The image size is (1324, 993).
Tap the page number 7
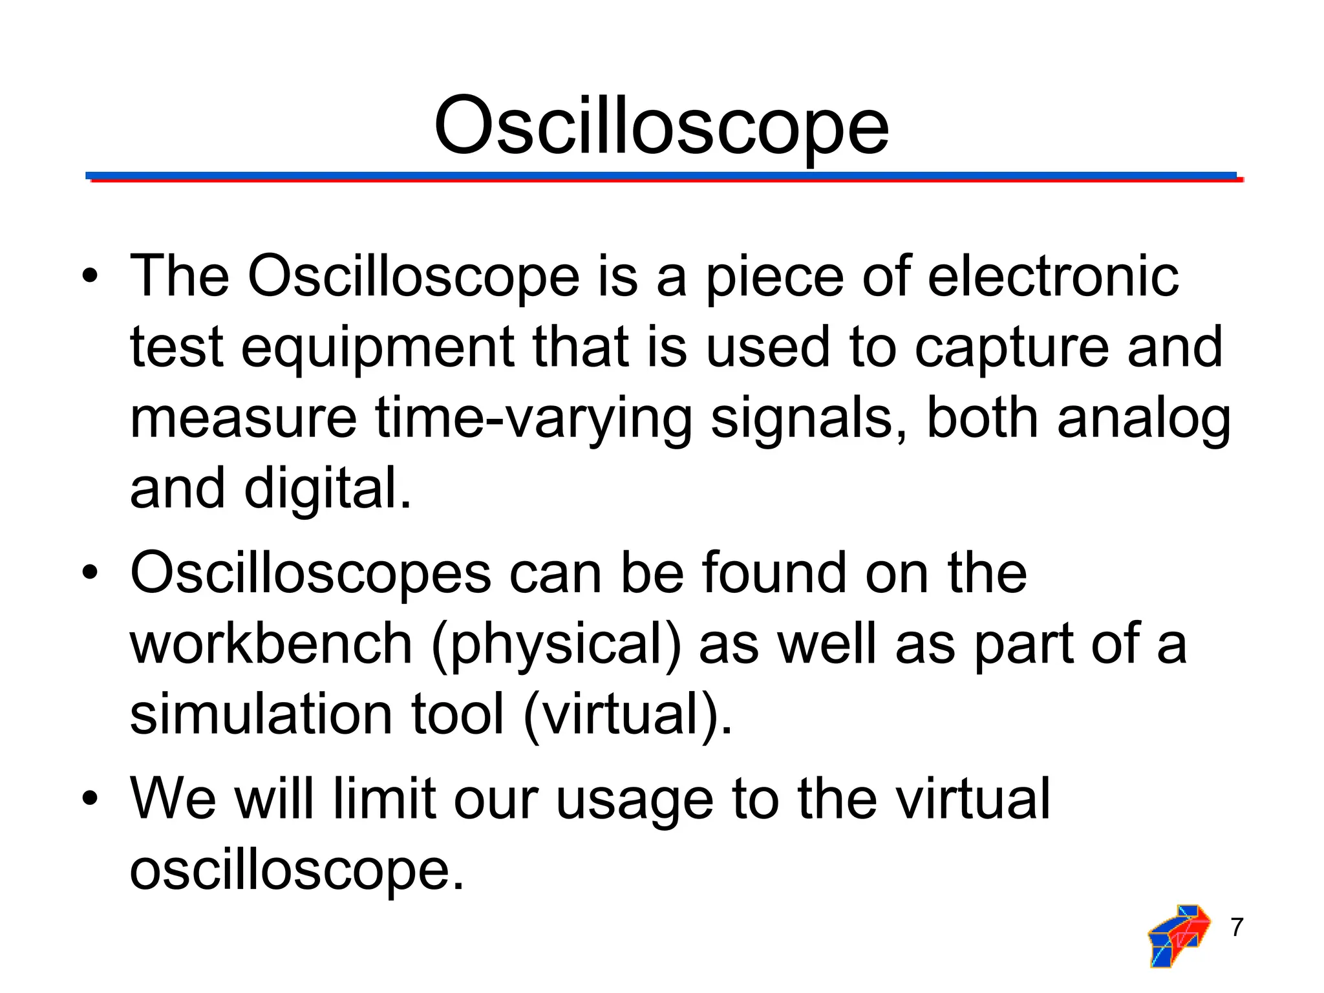[x=1237, y=927]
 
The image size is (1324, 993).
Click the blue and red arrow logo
[x=1178, y=935]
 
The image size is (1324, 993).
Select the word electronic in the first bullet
[x=1053, y=277]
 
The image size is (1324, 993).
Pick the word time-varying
[x=533, y=419]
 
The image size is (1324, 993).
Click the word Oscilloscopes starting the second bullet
[x=311, y=573]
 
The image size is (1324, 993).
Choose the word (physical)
[x=556, y=645]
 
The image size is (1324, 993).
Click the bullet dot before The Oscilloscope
[x=90, y=277]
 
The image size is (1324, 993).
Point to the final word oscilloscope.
[x=297, y=871]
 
